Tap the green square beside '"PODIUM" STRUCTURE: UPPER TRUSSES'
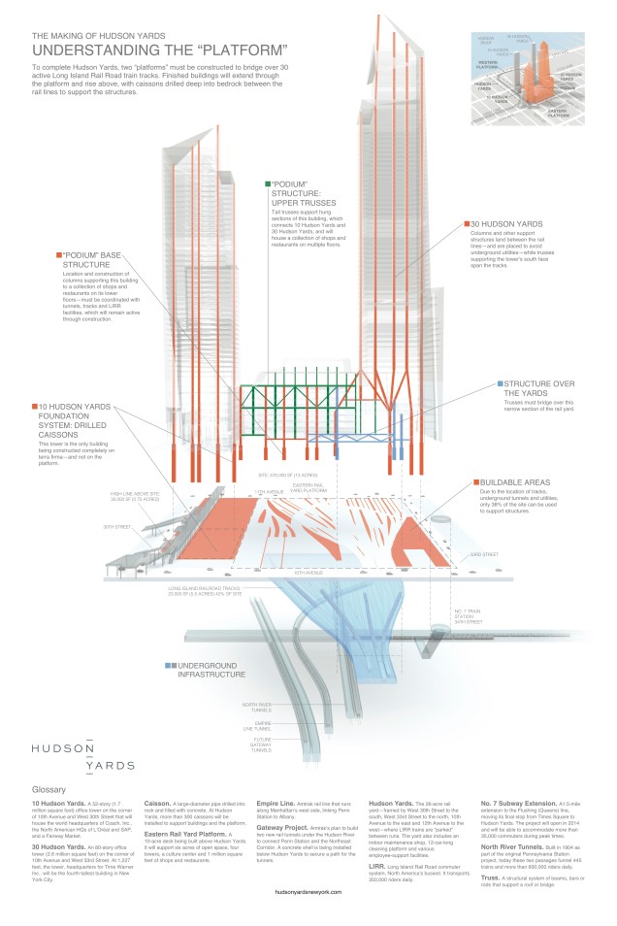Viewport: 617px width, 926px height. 267,183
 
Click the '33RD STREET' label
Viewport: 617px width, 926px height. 485,554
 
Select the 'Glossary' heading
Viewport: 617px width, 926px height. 49,790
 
